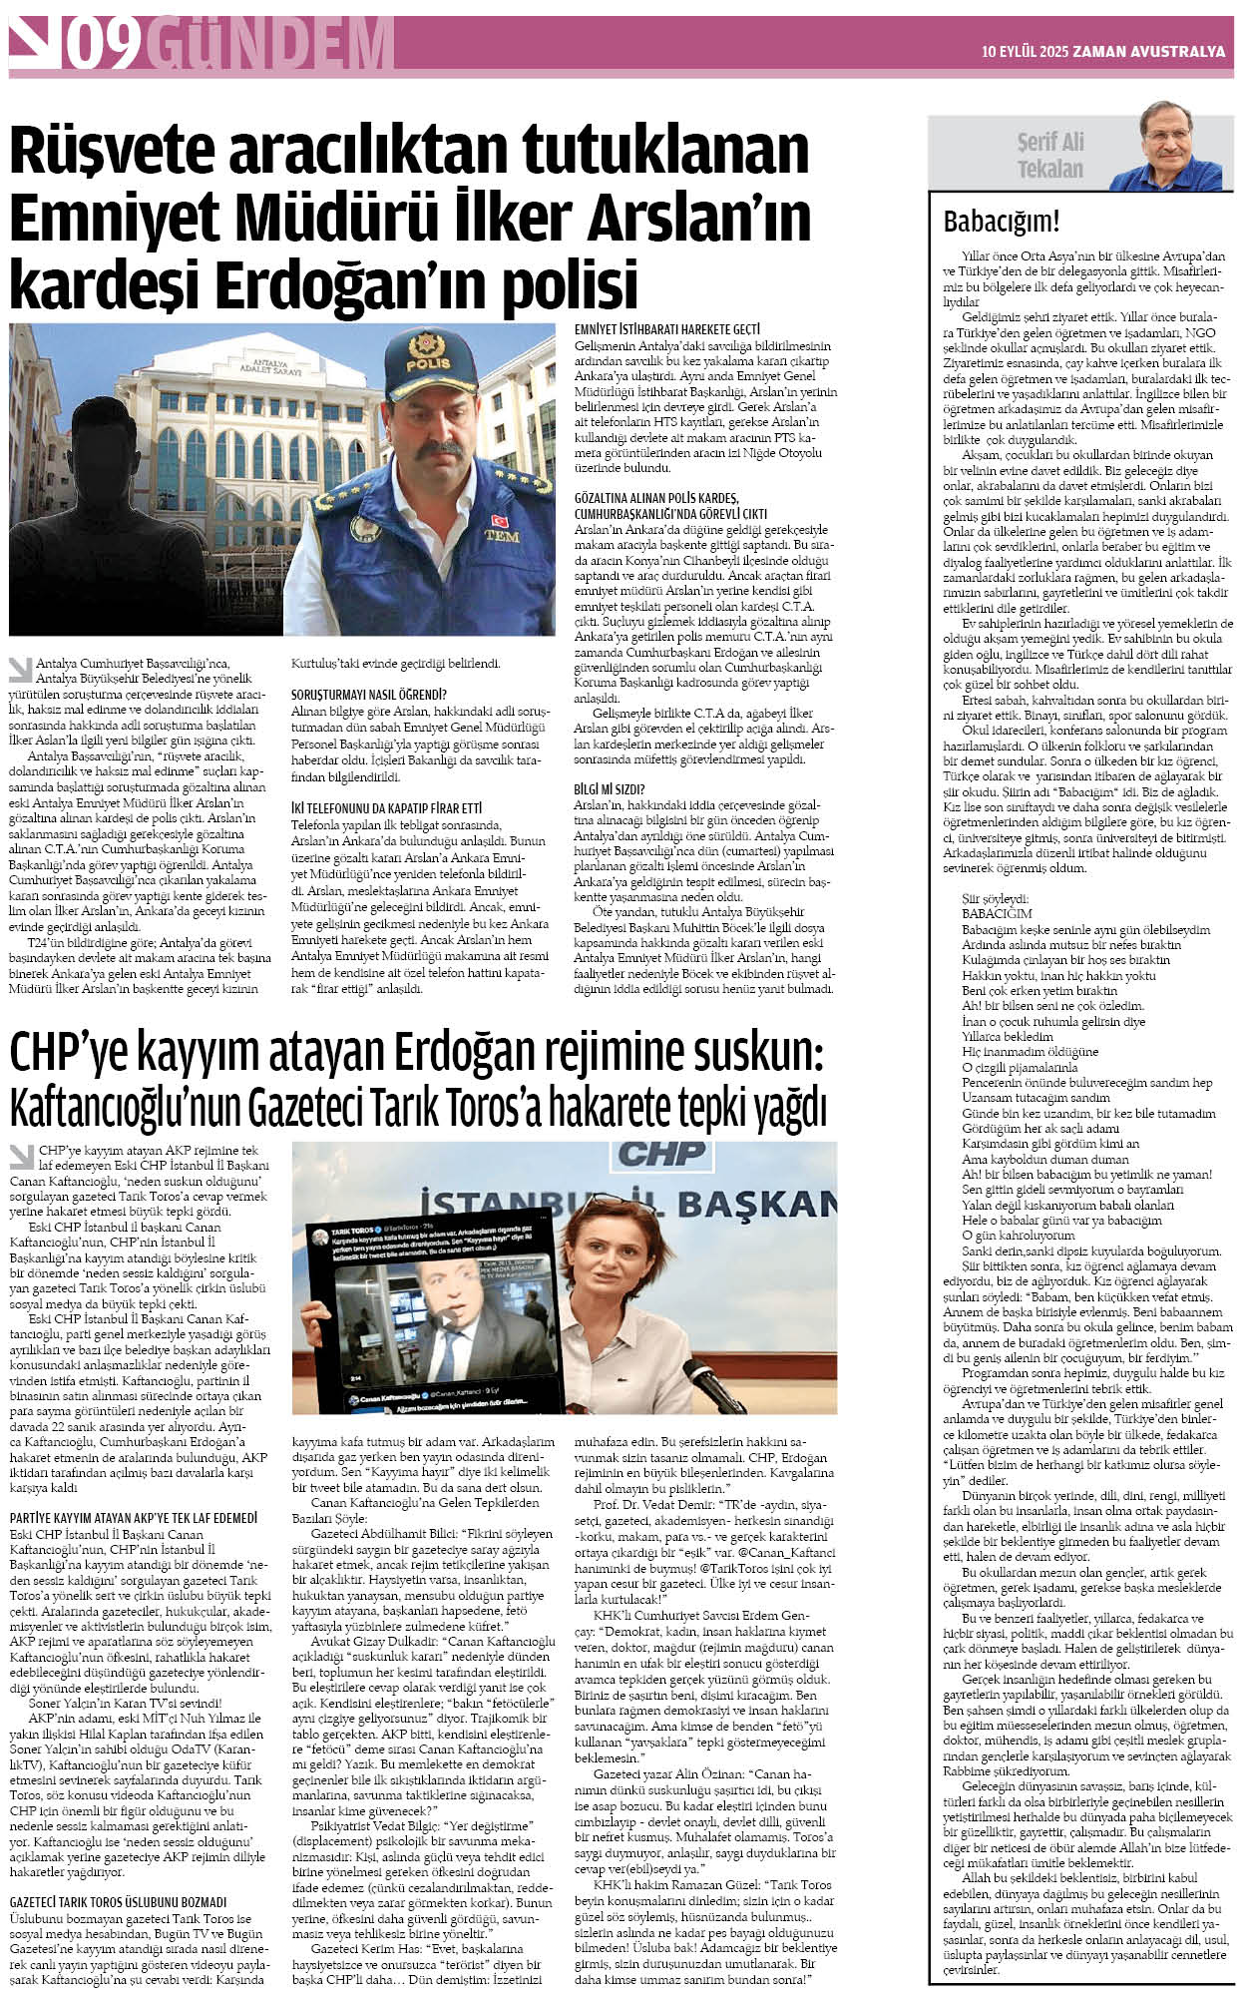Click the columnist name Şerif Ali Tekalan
(1049, 156)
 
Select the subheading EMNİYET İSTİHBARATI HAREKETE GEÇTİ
(667, 329)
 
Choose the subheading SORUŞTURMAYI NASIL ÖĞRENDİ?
(368, 695)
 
